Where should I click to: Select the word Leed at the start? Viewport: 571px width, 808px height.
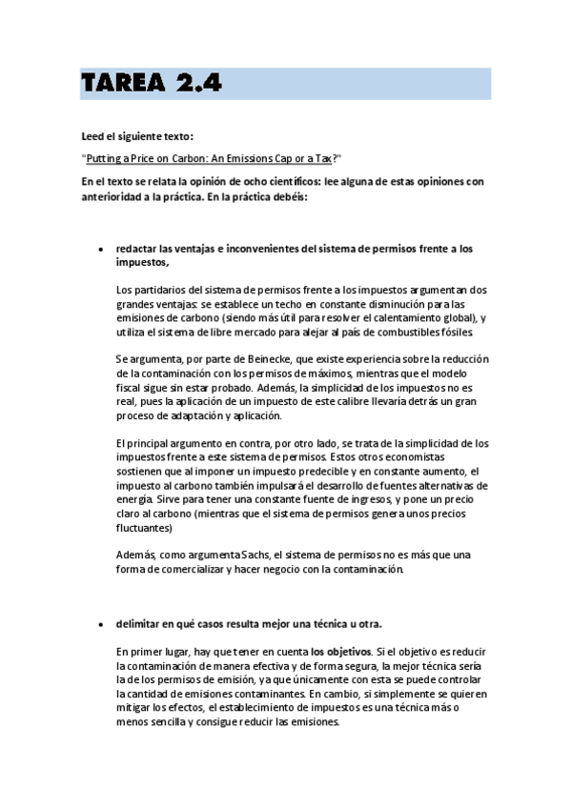tap(93, 136)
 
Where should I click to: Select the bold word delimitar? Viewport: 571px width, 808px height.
tap(138, 624)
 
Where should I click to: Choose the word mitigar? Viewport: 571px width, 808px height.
tap(134, 708)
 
